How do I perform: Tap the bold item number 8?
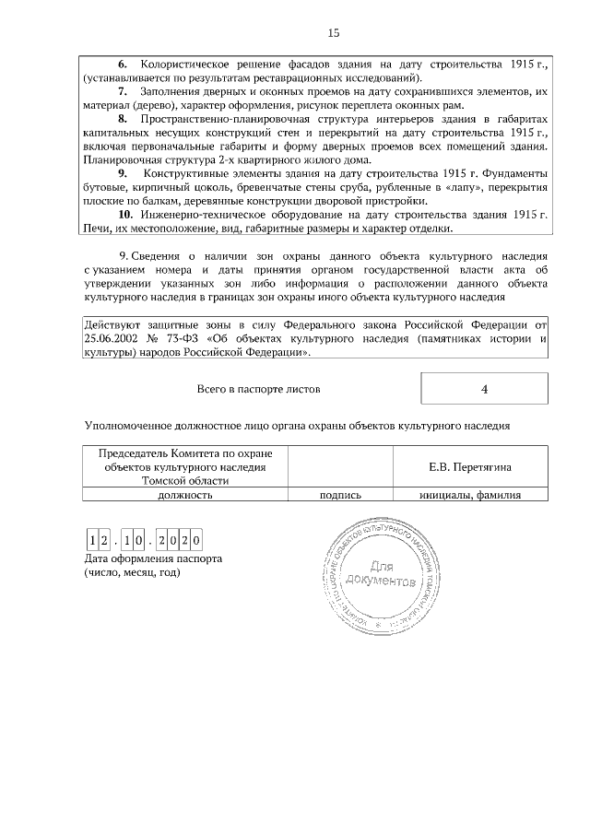[x=123, y=121]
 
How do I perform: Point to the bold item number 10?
[x=125, y=215]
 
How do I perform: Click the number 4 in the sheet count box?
[x=484, y=389]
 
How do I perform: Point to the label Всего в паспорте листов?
[x=259, y=389]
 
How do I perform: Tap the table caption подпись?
[x=340, y=494]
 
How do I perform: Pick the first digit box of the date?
[x=93, y=540]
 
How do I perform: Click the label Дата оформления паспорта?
[x=153, y=559]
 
